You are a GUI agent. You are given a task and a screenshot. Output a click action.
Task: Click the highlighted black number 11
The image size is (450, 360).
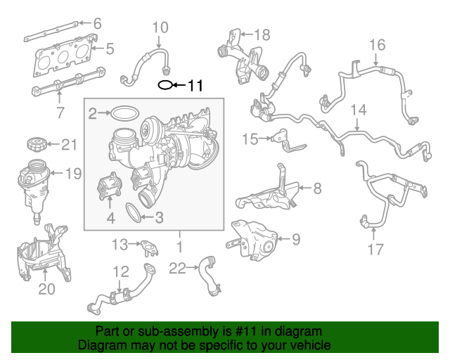[x=195, y=85]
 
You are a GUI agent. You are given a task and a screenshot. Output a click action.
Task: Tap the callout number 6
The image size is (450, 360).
[x=98, y=23]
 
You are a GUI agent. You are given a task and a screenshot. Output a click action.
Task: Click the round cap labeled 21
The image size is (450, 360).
[x=37, y=144]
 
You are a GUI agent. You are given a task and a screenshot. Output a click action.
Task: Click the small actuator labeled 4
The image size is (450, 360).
[x=110, y=186]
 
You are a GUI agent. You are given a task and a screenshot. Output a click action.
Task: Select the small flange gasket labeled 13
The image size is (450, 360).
[x=149, y=248]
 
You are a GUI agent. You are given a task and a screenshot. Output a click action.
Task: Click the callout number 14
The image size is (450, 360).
[x=359, y=110]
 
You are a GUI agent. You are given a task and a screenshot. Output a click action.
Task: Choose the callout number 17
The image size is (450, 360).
[x=375, y=249]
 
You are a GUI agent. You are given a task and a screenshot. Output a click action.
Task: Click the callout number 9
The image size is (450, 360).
[x=296, y=240]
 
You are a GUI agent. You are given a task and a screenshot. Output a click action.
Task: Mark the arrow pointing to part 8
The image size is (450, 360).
[x=305, y=188]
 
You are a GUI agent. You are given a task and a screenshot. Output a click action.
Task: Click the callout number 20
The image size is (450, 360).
[x=46, y=289]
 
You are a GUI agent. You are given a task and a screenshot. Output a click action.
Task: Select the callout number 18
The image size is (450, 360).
[x=262, y=34]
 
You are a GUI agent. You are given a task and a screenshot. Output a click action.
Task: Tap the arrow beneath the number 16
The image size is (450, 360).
[x=376, y=59]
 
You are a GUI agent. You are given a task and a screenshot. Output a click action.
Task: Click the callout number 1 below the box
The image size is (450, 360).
[x=180, y=247]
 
